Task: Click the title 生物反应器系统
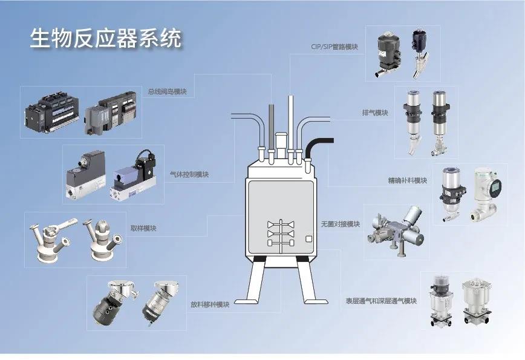coord(106,38)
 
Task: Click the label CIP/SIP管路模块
coord(334,47)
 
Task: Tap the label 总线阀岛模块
coord(167,91)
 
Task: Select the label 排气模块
coord(375,113)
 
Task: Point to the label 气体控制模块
coord(189,174)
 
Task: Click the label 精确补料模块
coord(408,180)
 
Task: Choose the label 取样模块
coord(143,228)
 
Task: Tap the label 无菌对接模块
coord(341,224)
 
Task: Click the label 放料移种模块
coord(210,304)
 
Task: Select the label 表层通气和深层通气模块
coord(381,301)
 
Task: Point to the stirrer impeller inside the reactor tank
coord(281,234)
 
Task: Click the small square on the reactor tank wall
coord(308,239)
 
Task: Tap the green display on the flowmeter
coord(496,186)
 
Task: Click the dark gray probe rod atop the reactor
coord(271,127)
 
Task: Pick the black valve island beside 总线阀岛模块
coord(52,111)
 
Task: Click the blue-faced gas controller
coord(133,176)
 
